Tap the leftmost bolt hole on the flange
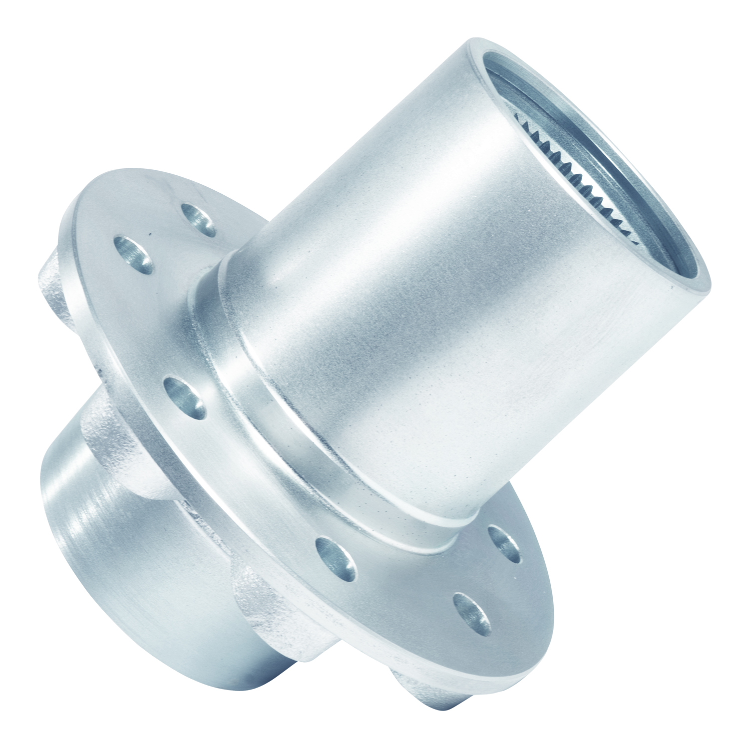pos(134,253)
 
